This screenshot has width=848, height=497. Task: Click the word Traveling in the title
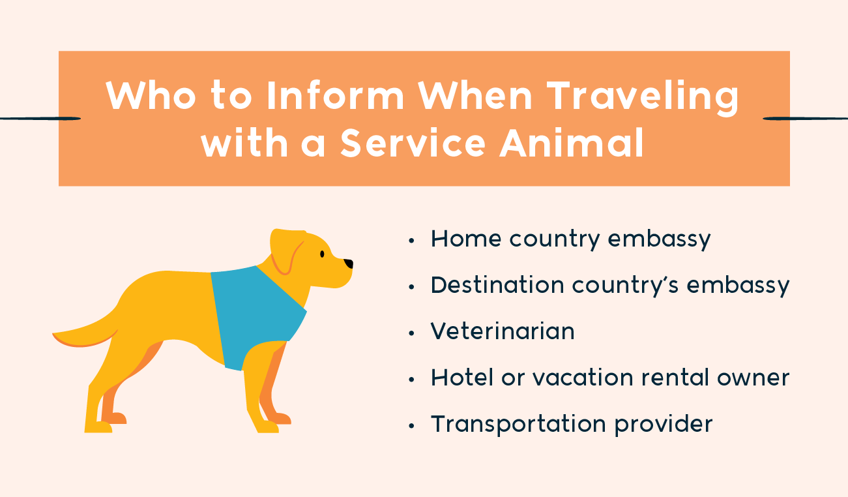click(643, 97)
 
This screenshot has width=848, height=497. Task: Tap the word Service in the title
click(413, 143)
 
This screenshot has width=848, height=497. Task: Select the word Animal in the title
click(572, 143)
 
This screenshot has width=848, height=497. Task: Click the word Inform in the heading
click(336, 95)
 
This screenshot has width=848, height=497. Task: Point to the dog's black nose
click(349, 264)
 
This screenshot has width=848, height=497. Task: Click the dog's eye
click(322, 254)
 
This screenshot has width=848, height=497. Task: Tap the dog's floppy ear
click(286, 250)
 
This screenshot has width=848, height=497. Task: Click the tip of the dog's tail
click(53, 334)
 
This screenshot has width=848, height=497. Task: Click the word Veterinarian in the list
click(503, 331)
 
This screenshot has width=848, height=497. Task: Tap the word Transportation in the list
click(519, 424)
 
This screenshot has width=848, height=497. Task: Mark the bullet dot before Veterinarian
click(412, 333)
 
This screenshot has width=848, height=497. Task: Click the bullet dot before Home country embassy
click(412, 241)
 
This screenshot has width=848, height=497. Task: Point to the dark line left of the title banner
click(40, 119)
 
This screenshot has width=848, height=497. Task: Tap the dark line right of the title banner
click(805, 119)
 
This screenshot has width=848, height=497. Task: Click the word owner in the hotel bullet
click(753, 378)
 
